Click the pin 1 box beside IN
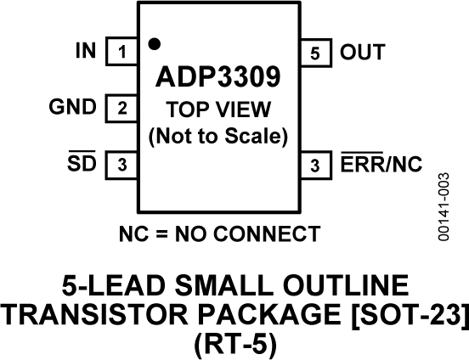pos(121,53)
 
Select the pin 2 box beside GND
pos(121,109)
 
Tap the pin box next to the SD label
pos(121,165)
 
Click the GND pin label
pos(72,108)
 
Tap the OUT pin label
pos(362,52)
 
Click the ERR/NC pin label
pos(381,164)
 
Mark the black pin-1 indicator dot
pos(154,42)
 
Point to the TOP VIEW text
pos(218,110)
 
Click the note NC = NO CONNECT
pos(218,233)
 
